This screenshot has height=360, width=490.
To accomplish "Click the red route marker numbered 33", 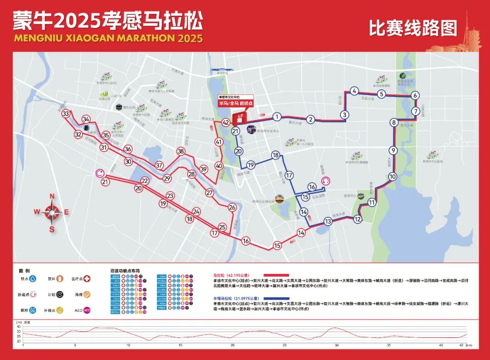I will [66, 114].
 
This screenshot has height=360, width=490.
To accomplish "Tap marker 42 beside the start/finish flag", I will [225, 122].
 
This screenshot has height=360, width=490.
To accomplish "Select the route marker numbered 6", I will [415, 96].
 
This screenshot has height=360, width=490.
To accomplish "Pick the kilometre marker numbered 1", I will [277, 117].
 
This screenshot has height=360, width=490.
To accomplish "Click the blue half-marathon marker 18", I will [275, 156].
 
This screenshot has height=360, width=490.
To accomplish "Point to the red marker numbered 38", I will [181, 151].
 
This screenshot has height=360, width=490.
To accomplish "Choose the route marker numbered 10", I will [392, 176].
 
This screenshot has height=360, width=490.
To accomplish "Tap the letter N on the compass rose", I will [52, 196].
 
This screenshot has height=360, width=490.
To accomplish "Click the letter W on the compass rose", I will [36, 212].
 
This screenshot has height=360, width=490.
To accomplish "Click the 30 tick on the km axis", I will [336, 345].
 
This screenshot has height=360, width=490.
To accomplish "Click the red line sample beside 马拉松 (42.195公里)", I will [274, 275].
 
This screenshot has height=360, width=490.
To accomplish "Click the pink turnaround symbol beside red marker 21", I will [100, 173].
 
